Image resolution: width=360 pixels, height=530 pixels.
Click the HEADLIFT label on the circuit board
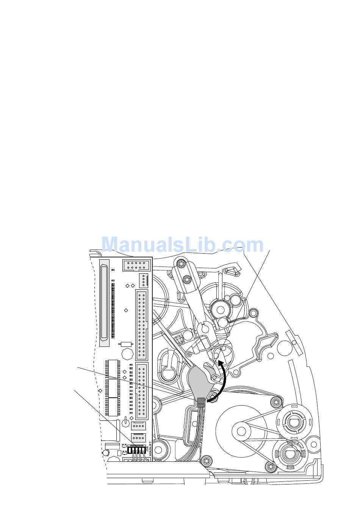point(150,449)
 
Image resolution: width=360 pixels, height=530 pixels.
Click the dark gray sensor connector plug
point(201,402)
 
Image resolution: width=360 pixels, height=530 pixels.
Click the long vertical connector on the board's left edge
point(104,302)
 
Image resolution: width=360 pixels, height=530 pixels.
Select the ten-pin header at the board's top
point(136,265)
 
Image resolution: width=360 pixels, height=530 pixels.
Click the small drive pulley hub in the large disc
point(241,431)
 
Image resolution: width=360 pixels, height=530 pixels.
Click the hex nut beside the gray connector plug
point(212,397)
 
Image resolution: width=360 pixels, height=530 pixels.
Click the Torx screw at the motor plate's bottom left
point(206,461)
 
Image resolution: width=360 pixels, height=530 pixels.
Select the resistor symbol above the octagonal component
point(125,344)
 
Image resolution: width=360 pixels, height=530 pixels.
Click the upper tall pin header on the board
point(142,325)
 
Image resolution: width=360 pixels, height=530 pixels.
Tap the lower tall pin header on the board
point(142,390)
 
